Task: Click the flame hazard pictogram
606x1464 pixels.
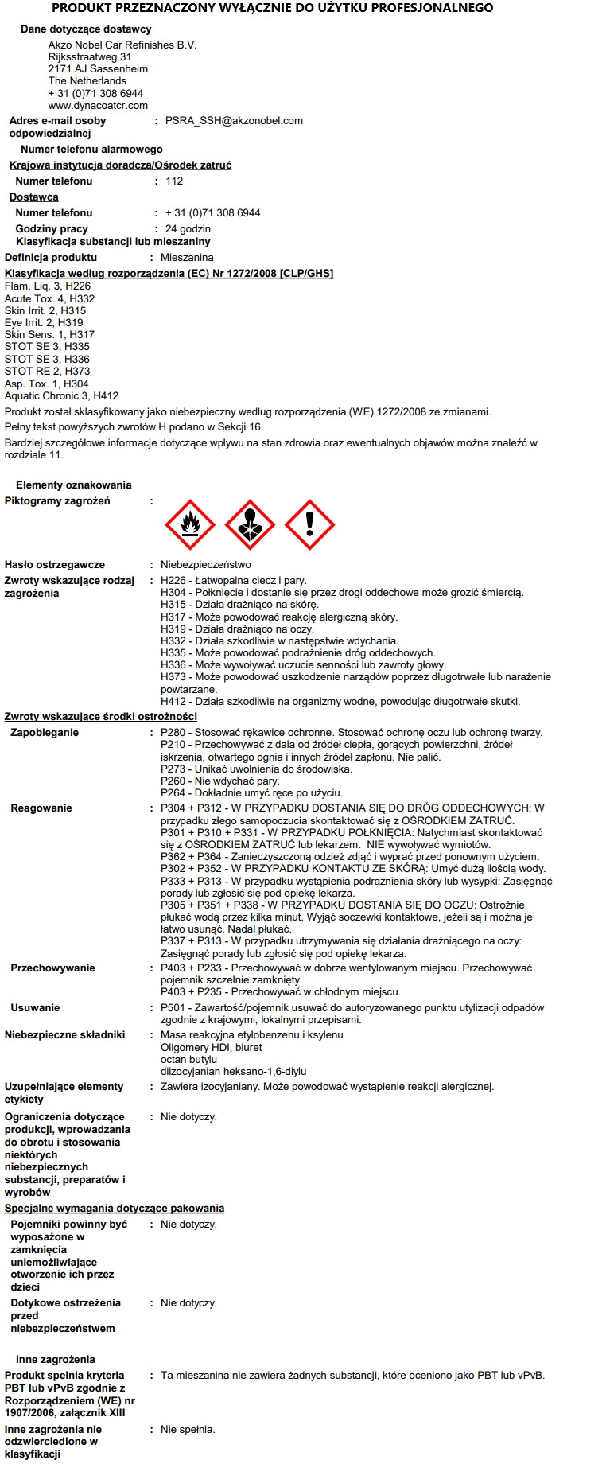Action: [x=190, y=524]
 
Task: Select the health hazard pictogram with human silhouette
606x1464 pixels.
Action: [x=250, y=524]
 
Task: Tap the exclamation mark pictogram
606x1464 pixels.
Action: [x=309, y=524]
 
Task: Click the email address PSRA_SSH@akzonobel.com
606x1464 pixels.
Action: [x=234, y=121]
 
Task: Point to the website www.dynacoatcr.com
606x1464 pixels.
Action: [x=98, y=105]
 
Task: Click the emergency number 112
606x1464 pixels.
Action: [x=174, y=181]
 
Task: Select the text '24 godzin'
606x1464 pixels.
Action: [x=188, y=229]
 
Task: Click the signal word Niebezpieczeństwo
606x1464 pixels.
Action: [x=205, y=565]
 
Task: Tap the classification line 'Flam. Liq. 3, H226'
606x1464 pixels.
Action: [x=48, y=286]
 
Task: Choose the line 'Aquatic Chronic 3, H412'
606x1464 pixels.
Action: [x=61, y=395]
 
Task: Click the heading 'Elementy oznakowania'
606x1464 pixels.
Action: [x=74, y=485]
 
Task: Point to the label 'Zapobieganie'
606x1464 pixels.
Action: [x=45, y=733]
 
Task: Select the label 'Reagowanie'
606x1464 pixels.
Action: [x=41, y=808]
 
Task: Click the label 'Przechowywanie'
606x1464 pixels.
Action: [x=52, y=968]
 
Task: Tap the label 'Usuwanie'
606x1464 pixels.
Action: [x=35, y=1008]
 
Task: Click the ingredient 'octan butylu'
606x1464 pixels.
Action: [x=188, y=1060]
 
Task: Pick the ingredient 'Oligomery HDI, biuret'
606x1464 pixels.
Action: [x=211, y=1048]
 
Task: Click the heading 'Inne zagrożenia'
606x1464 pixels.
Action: [x=56, y=1360]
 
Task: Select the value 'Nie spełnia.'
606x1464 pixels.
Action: [x=188, y=1430]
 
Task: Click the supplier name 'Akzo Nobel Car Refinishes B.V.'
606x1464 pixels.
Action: [x=122, y=45]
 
